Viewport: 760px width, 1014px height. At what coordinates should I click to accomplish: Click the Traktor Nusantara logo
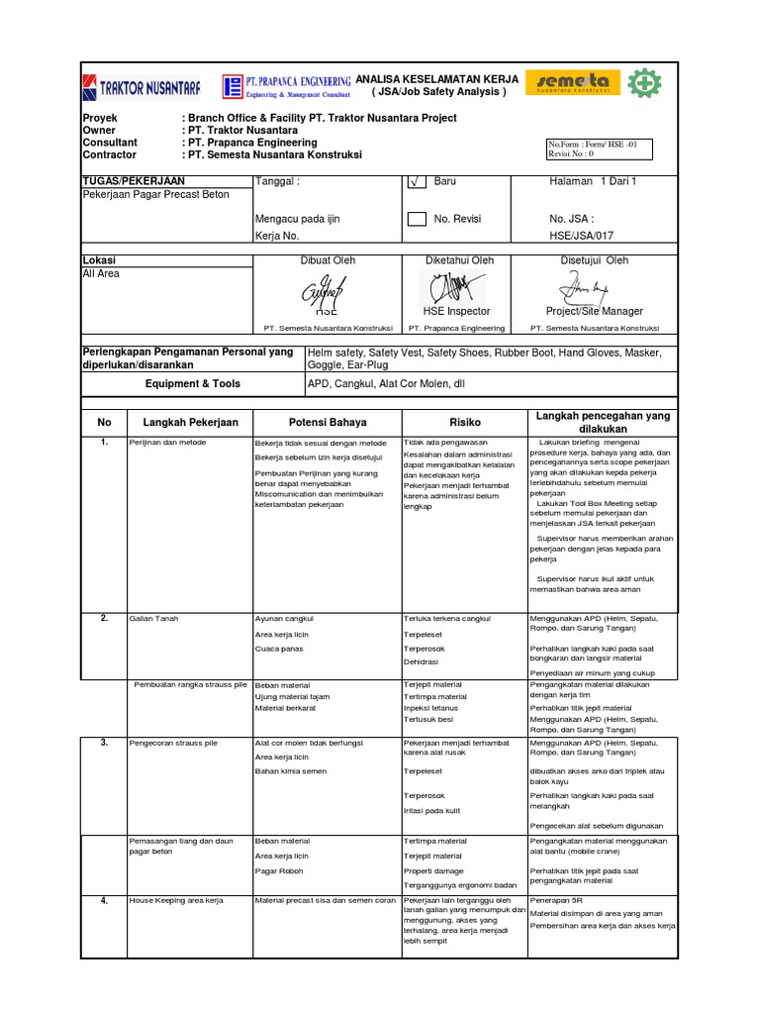point(142,87)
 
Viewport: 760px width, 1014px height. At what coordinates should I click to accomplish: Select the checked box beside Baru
point(417,182)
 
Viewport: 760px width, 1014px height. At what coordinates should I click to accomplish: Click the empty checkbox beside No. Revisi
point(417,219)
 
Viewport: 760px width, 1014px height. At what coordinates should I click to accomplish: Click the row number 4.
point(104,900)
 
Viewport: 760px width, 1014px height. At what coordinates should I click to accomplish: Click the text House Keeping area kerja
point(176,901)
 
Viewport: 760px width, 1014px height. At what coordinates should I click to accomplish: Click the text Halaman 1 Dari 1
point(593,181)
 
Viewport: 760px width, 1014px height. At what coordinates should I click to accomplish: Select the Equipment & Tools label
point(192,383)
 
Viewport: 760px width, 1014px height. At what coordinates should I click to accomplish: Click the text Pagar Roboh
point(279,871)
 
